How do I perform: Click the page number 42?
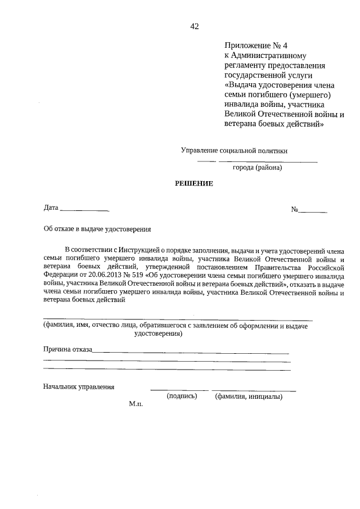[x=195, y=26]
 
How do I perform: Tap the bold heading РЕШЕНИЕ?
[x=194, y=183]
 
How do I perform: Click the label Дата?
[x=51, y=208]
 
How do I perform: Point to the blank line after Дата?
[x=84, y=210]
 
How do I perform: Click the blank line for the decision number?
[x=312, y=211]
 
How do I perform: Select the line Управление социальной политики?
[x=234, y=150]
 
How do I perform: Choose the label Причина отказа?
[x=68, y=349]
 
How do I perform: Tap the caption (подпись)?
[x=182, y=396]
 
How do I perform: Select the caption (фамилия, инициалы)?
[x=249, y=396]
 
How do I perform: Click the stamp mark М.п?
[x=136, y=404]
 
